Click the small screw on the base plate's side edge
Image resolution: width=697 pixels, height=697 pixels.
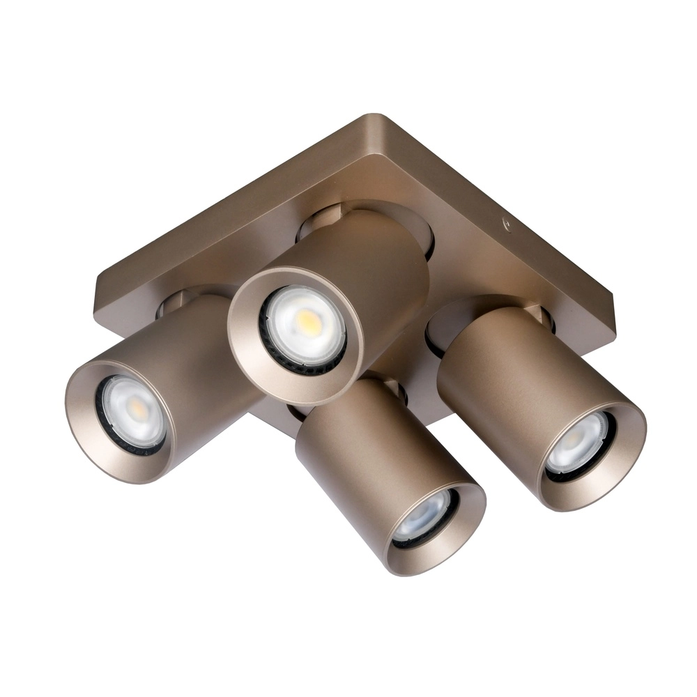tap(507, 224)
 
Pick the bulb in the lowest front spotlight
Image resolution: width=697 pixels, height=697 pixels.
tap(425, 516)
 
